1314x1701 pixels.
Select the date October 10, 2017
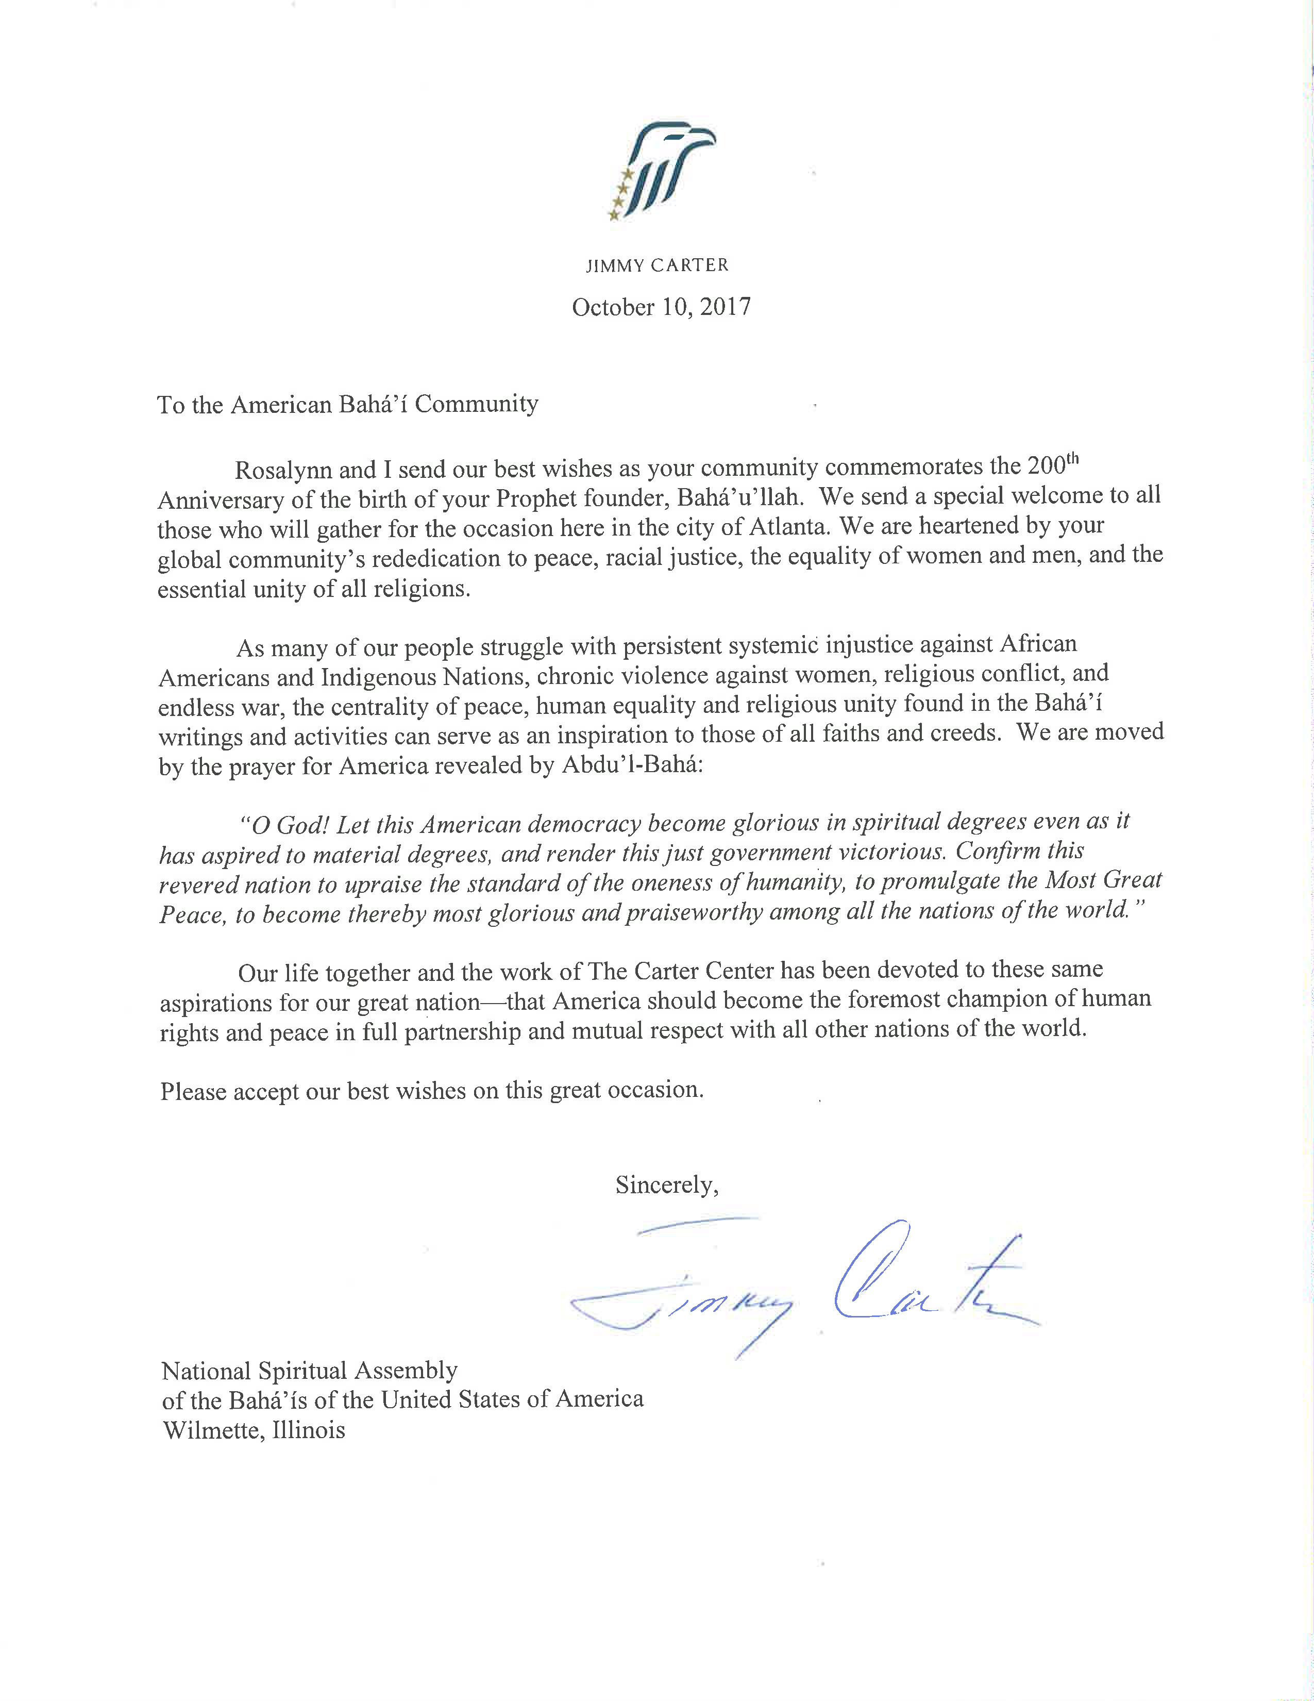[x=662, y=307]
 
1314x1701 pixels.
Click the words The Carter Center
[x=681, y=971]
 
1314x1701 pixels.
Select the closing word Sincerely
[x=666, y=1185]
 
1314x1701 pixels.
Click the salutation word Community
[x=477, y=404]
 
